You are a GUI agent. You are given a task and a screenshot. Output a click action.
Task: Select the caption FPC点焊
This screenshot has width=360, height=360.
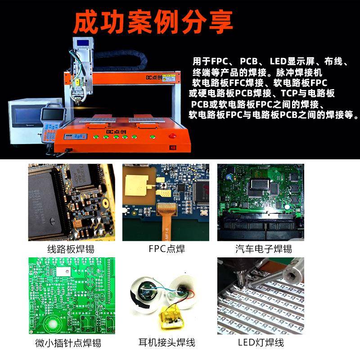(166, 249)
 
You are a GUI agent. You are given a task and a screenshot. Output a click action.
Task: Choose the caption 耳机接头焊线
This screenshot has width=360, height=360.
(166, 343)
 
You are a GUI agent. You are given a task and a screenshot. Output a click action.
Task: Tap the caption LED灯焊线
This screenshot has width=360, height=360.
(261, 343)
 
